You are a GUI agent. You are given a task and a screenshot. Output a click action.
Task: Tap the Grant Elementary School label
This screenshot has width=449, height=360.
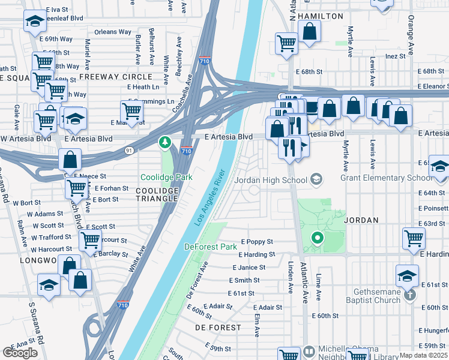pos(386,178)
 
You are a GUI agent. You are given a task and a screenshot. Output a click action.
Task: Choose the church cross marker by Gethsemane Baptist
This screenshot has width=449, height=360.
pos(409,295)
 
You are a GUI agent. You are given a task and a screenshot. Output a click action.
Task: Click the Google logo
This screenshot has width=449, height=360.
pos(20,353)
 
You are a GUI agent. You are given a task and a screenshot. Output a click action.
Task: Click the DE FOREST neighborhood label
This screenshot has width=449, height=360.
pos(218,328)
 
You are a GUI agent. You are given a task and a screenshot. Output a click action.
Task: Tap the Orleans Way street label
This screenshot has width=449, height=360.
pos(112,32)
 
